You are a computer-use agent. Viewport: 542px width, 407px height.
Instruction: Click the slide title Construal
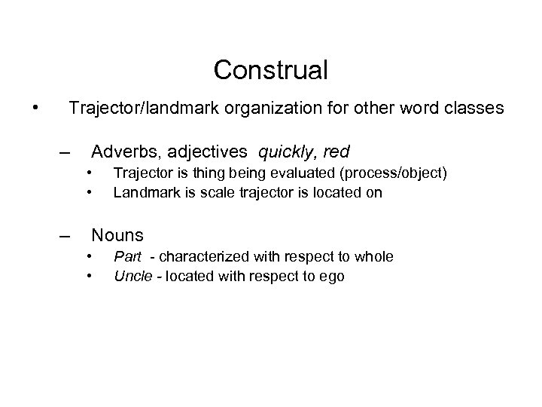tap(271, 70)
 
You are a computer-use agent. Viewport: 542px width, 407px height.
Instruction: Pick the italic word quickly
tap(287, 154)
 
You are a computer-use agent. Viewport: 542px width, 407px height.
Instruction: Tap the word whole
tap(374, 257)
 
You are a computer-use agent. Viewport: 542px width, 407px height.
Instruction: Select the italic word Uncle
tap(131, 276)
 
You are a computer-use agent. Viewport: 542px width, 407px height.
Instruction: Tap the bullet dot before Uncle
tap(89, 276)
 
